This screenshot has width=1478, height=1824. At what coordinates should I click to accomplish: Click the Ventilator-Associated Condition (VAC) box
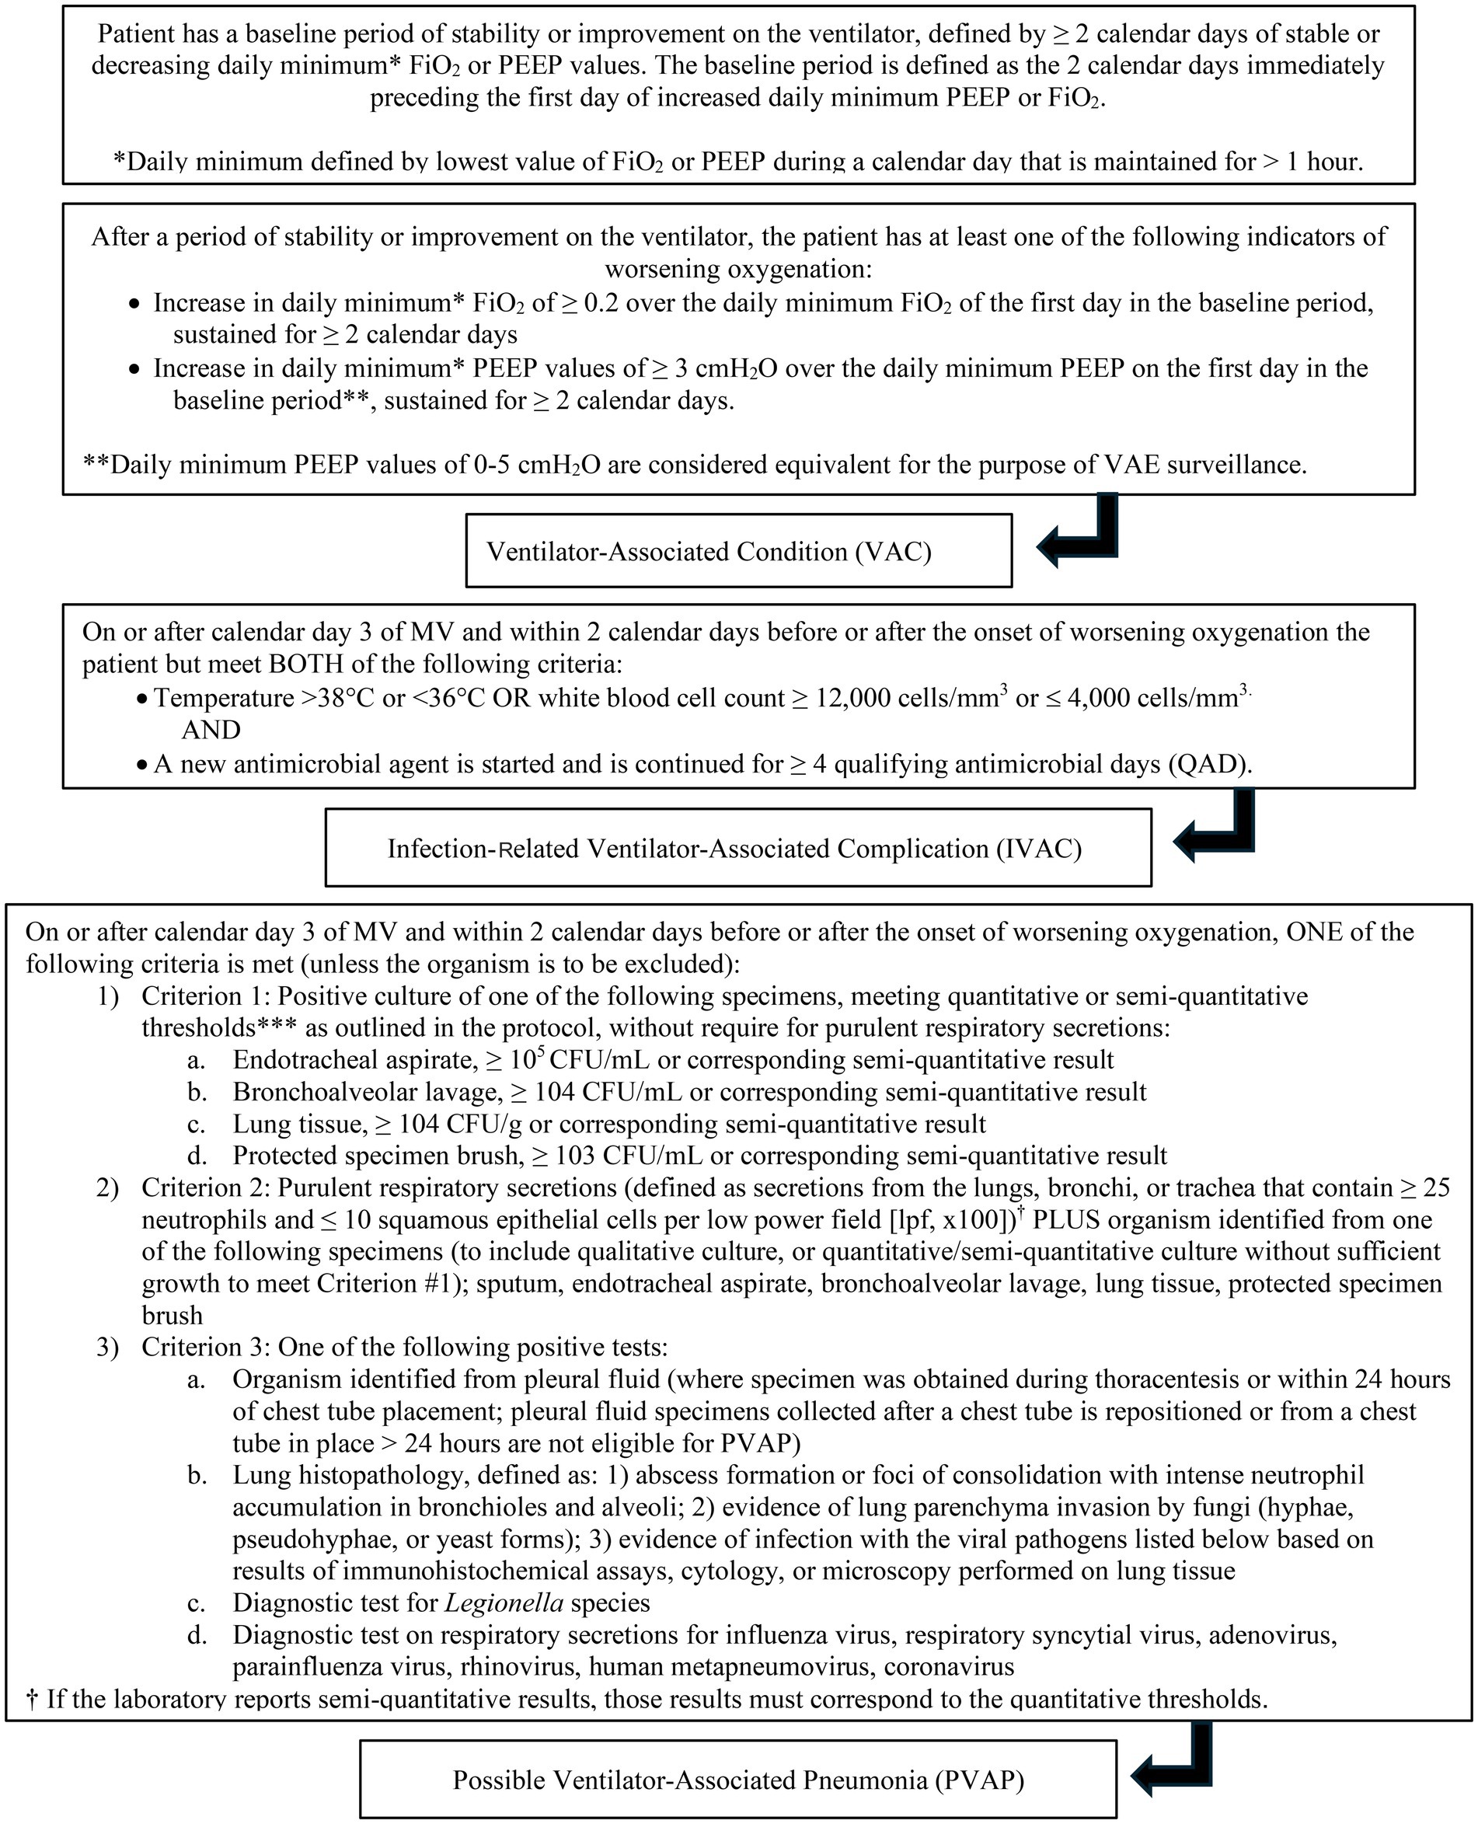[738, 551]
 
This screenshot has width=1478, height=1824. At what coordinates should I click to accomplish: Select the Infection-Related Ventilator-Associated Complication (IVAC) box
[738, 848]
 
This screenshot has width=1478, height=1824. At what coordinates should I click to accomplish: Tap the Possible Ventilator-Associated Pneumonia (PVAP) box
[738, 1780]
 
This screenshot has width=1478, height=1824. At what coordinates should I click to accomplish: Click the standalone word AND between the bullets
[211, 730]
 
